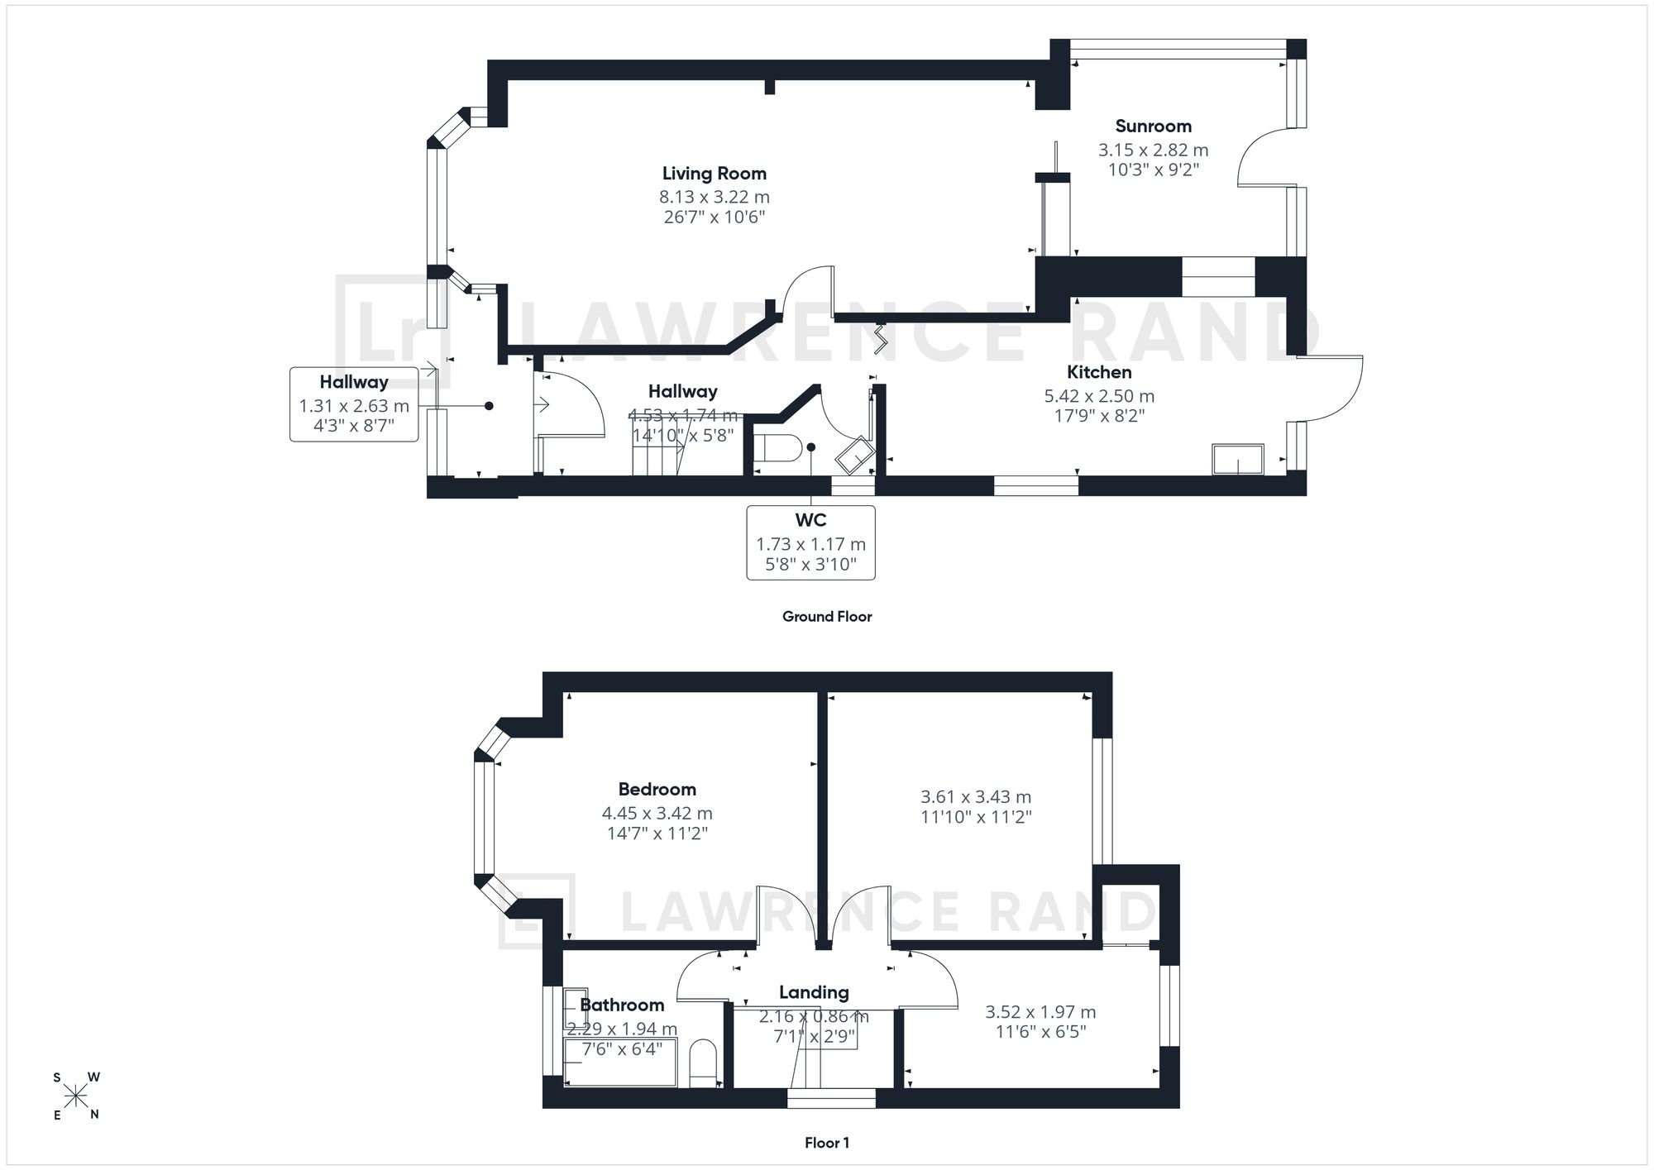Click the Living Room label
coord(714,174)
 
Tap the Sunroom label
coord(1153,127)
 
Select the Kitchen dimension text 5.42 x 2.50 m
coord(1099,396)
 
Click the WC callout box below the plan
coord(810,542)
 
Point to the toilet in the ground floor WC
coord(777,448)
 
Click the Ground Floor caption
coord(827,616)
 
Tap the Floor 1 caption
coord(827,1143)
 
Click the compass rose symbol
coord(76,1096)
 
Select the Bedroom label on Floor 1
coord(657,789)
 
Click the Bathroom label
coord(622,1005)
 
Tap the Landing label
coord(814,992)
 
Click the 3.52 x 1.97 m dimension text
coord(1040,1012)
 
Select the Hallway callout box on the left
coord(354,404)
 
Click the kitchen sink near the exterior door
coord(1238,459)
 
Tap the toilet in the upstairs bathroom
coord(703,1063)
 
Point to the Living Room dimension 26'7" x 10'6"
coord(715,217)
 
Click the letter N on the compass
coord(94,1115)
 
